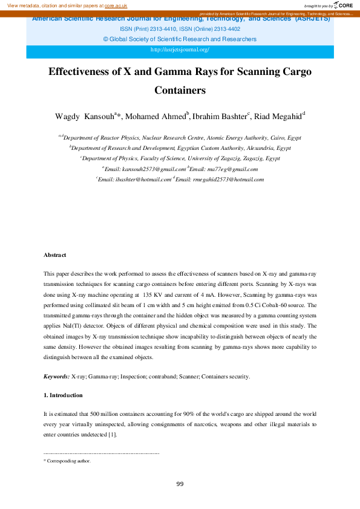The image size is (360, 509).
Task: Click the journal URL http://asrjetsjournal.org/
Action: (x=180, y=49)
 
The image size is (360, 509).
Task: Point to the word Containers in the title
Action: (x=180, y=91)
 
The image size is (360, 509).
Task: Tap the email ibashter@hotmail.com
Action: (x=145, y=180)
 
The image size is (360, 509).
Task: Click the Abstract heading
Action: (x=55, y=255)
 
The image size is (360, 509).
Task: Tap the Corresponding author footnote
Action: (x=68, y=461)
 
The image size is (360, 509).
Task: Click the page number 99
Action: (x=180, y=484)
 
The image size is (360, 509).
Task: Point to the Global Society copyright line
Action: (x=180, y=39)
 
